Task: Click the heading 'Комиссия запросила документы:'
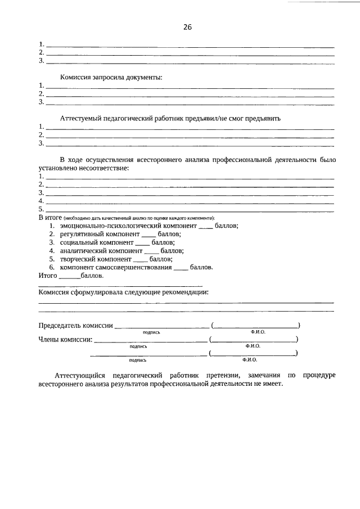tap(111, 76)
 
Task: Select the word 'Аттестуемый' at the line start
tap(81, 118)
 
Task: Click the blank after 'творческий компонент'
tap(141, 259)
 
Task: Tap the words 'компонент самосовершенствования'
tap(115, 268)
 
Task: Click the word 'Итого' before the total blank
tap(48, 276)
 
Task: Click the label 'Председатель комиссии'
tap(75, 326)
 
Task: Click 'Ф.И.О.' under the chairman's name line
tap(258, 332)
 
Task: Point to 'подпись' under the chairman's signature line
tap(152, 332)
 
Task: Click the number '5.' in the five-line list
tap(41, 209)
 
